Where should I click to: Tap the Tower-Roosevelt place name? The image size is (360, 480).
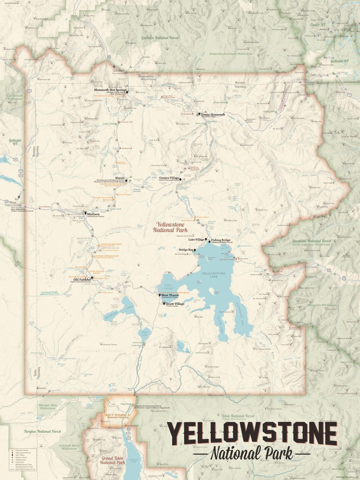[x=213, y=115]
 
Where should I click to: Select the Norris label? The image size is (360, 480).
[x=120, y=178]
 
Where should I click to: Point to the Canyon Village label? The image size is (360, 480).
[x=169, y=178]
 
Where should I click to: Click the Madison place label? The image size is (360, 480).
[x=94, y=214]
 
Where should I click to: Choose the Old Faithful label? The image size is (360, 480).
[x=82, y=280]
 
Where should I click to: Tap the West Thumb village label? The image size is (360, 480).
[x=170, y=295]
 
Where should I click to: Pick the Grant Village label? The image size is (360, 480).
[x=175, y=304]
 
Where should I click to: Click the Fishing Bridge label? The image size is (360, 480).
[x=221, y=240]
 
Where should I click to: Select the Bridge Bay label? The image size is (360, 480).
[x=186, y=250]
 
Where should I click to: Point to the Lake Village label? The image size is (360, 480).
[x=197, y=239]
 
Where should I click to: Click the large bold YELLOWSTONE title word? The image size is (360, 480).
[x=252, y=434]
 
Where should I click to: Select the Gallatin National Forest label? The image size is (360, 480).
[x=160, y=38]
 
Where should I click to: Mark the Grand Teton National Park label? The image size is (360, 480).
[x=112, y=460]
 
